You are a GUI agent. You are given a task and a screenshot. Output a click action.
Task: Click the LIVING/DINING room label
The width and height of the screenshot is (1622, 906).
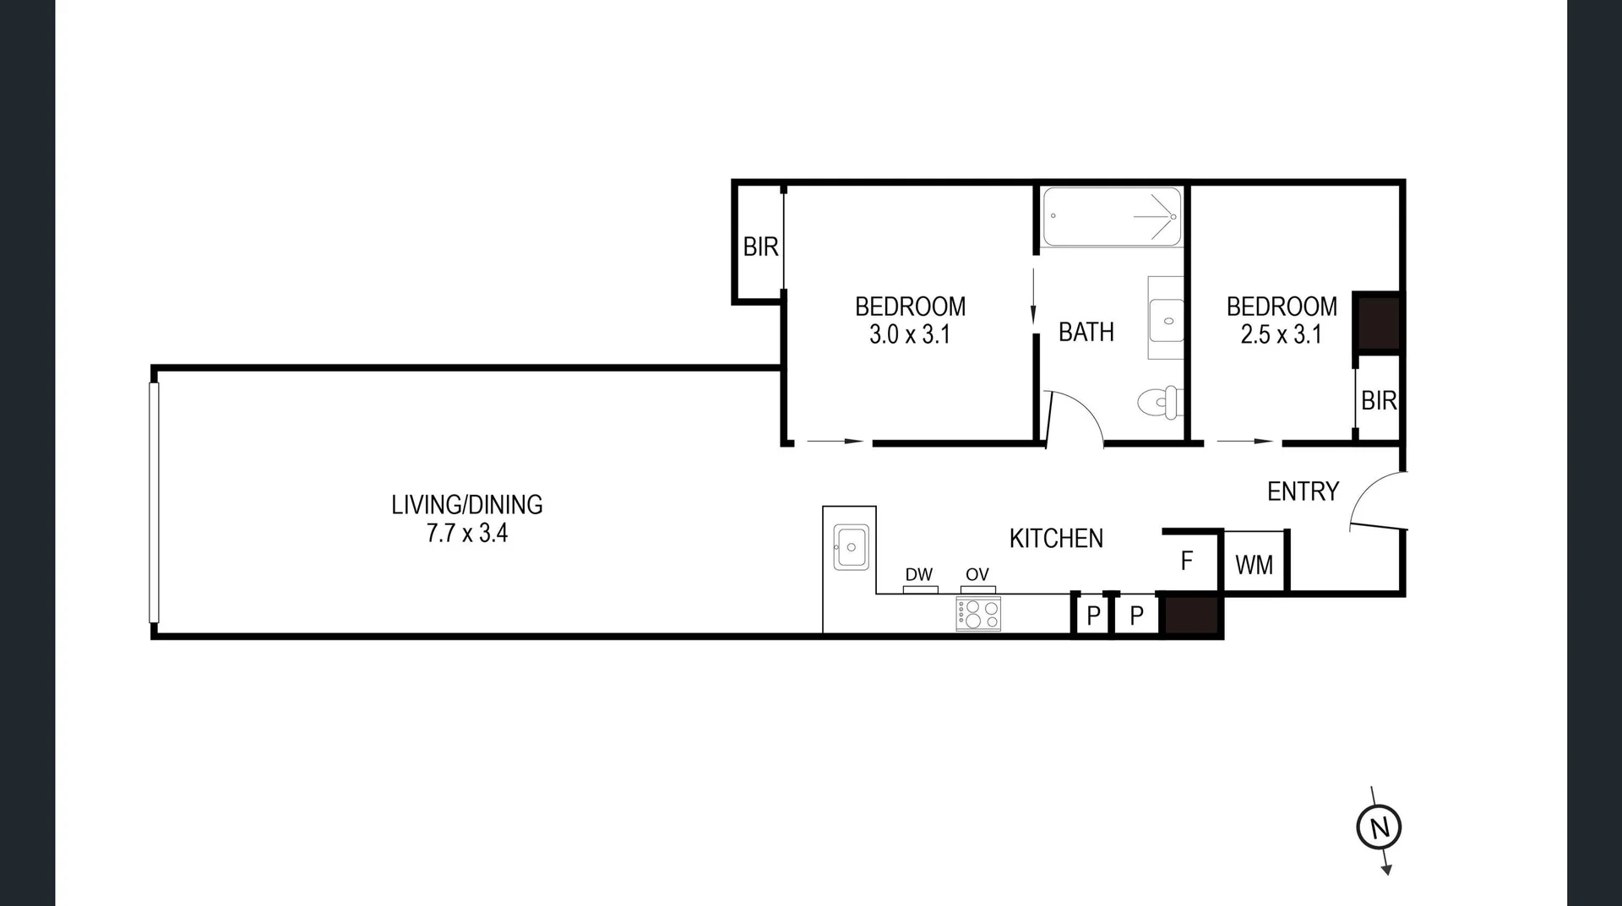pos(466,505)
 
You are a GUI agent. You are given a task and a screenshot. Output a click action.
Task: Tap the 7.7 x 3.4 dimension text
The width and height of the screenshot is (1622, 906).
pos(466,534)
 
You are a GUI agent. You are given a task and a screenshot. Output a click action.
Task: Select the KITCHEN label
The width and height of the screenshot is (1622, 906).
pos(1056,539)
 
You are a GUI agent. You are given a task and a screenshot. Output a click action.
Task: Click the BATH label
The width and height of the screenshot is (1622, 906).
pos(1086,332)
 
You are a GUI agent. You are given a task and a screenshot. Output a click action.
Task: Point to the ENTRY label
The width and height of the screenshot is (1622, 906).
pos(1303,491)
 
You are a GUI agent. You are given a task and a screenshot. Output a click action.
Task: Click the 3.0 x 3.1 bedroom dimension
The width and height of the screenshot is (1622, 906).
pos(910,335)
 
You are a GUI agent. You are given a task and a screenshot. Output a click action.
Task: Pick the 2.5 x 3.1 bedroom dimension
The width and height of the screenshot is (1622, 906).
pos(1281,335)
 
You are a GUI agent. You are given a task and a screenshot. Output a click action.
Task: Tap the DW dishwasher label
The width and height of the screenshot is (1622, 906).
pos(919,575)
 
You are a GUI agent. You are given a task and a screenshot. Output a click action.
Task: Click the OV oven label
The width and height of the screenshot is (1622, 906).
pos(977,575)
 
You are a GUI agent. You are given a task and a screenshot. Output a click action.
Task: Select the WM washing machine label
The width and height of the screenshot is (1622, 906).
pos(1254,565)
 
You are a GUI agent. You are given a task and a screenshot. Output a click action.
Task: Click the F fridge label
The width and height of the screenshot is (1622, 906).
pos(1187,561)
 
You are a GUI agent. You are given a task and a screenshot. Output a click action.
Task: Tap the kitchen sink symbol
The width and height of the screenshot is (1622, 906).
pos(851,547)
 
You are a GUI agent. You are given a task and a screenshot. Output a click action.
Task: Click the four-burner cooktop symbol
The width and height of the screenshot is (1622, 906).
pos(978,614)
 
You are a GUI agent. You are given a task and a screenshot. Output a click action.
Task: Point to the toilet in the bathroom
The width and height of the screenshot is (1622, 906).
pos(1158,402)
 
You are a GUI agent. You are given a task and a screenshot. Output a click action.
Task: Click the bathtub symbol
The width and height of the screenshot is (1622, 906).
pos(1111,217)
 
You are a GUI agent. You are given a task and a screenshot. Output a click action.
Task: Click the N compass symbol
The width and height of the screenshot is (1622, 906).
pos(1379,827)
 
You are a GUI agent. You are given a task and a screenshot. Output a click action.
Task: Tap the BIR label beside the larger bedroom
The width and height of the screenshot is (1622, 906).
pos(760,247)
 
